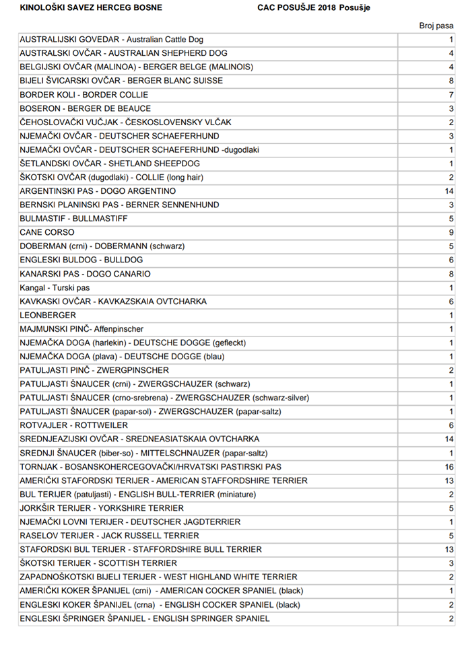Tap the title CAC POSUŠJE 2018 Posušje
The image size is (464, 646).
tap(314, 7)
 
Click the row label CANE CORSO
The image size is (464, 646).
tap(47, 232)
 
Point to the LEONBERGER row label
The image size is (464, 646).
tap(48, 315)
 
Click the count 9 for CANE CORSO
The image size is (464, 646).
tap(451, 232)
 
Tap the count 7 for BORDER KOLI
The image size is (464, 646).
tap(451, 94)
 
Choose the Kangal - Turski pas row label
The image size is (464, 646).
tap(55, 287)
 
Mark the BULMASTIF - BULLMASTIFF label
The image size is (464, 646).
tap(73, 219)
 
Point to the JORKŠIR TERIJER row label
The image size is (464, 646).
tap(102, 508)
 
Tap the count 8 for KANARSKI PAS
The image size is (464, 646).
tap(451, 274)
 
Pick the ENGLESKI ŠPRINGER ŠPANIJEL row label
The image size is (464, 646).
tap(145, 618)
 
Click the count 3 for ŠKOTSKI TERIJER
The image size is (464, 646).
tap(451, 563)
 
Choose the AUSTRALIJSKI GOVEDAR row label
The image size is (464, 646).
tap(111, 40)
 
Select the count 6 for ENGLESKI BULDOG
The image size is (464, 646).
tap(451, 260)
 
